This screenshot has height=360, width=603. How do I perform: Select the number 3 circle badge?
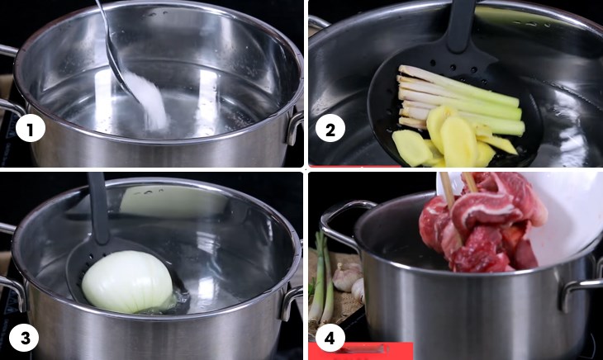25,339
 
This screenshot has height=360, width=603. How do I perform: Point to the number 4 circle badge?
330,339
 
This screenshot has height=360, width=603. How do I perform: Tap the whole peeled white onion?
128,282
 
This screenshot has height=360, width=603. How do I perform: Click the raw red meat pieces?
485,223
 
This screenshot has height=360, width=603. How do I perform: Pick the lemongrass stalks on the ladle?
462,101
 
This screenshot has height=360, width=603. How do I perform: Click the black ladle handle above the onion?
99,207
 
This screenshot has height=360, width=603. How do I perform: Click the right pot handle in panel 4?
577,292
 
